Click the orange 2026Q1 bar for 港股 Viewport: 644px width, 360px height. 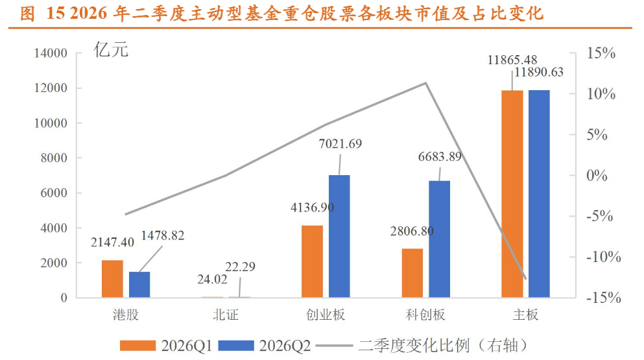(112, 279)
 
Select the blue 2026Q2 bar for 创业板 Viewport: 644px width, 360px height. (339, 236)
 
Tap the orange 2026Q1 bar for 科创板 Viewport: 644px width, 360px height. (412, 273)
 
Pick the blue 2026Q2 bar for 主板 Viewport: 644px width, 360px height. (540, 193)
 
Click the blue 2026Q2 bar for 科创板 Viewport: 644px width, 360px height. (440, 239)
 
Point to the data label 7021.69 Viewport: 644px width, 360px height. (340, 144)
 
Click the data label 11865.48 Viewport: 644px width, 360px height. (512, 60)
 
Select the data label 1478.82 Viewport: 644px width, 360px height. (163, 235)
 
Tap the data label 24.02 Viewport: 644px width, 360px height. (212, 280)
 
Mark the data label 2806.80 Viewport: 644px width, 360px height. (412, 232)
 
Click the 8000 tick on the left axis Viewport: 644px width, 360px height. (54, 158)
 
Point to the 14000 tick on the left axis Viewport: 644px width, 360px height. (51, 53)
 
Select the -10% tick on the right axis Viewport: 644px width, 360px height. (603, 258)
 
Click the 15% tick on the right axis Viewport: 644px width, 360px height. (601, 53)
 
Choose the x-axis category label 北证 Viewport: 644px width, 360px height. (226, 315)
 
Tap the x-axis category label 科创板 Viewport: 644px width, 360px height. (425, 315)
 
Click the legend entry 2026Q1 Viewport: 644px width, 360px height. (166, 346)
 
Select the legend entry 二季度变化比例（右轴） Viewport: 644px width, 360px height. (422, 346)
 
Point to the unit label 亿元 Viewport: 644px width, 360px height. (111, 50)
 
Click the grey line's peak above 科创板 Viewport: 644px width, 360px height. (426, 83)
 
